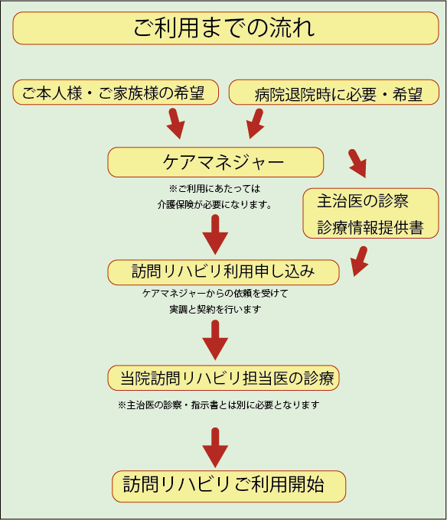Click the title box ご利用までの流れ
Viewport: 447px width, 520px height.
click(226, 28)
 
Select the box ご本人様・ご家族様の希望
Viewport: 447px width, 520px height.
click(116, 93)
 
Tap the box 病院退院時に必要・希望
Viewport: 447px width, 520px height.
click(334, 93)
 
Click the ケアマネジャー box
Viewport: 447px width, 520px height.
click(215, 162)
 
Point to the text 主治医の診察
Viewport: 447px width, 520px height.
click(363, 201)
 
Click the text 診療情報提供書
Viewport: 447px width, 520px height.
click(370, 228)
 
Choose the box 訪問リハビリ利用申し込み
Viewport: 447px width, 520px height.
click(223, 272)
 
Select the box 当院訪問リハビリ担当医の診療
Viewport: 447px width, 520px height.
click(223, 378)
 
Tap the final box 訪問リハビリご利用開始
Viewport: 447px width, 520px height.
click(229, 486)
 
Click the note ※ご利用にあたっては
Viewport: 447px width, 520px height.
click(214, 189)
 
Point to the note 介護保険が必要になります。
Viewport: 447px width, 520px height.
click(215, 205)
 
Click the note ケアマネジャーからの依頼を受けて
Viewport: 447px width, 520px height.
click(215, 293)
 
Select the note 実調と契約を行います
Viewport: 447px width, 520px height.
click(215, 310)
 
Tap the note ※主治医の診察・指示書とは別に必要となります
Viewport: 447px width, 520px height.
click(219, 405)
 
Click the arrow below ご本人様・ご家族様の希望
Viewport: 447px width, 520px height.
click(175, 123)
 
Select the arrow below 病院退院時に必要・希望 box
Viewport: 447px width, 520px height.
click(255, 123)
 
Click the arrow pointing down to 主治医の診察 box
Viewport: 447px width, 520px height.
click(358, 164)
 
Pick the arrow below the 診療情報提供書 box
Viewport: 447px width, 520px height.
click(360, 262)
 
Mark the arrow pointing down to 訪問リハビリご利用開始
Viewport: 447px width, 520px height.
click(215, 447)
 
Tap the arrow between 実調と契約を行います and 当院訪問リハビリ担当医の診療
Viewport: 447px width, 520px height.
click(215, 340)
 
